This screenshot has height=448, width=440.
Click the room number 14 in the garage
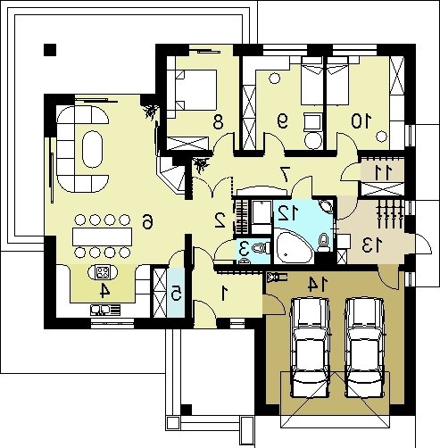coord(318,284)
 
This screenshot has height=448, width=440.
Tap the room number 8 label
coord(218,122)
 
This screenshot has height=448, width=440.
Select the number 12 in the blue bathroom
coord(287,213)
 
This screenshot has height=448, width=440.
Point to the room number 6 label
coord(147,222)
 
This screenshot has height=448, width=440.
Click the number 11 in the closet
coord(383,173)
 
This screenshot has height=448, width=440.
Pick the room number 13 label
coord(372,246)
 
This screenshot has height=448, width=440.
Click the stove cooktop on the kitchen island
coord(103,272)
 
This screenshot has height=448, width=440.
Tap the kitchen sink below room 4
coord(106,310)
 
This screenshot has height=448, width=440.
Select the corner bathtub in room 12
coord(294,247)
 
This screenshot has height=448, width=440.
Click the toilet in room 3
coord(261,248)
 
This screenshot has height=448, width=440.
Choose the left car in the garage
coord(311,347)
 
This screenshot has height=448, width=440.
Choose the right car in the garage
coord(365,347)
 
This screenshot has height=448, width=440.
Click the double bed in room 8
coord(195,90)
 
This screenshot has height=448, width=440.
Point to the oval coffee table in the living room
coord(93,149)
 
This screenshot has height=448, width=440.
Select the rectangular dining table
coord(103,236)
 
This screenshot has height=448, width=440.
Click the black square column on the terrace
coord(50,50)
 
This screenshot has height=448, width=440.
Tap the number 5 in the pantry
coord(177,294)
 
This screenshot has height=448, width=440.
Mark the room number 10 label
coord(361,121)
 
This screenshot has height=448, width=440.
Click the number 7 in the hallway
coord(286,174)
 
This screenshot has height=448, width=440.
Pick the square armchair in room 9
coord(312,122)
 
